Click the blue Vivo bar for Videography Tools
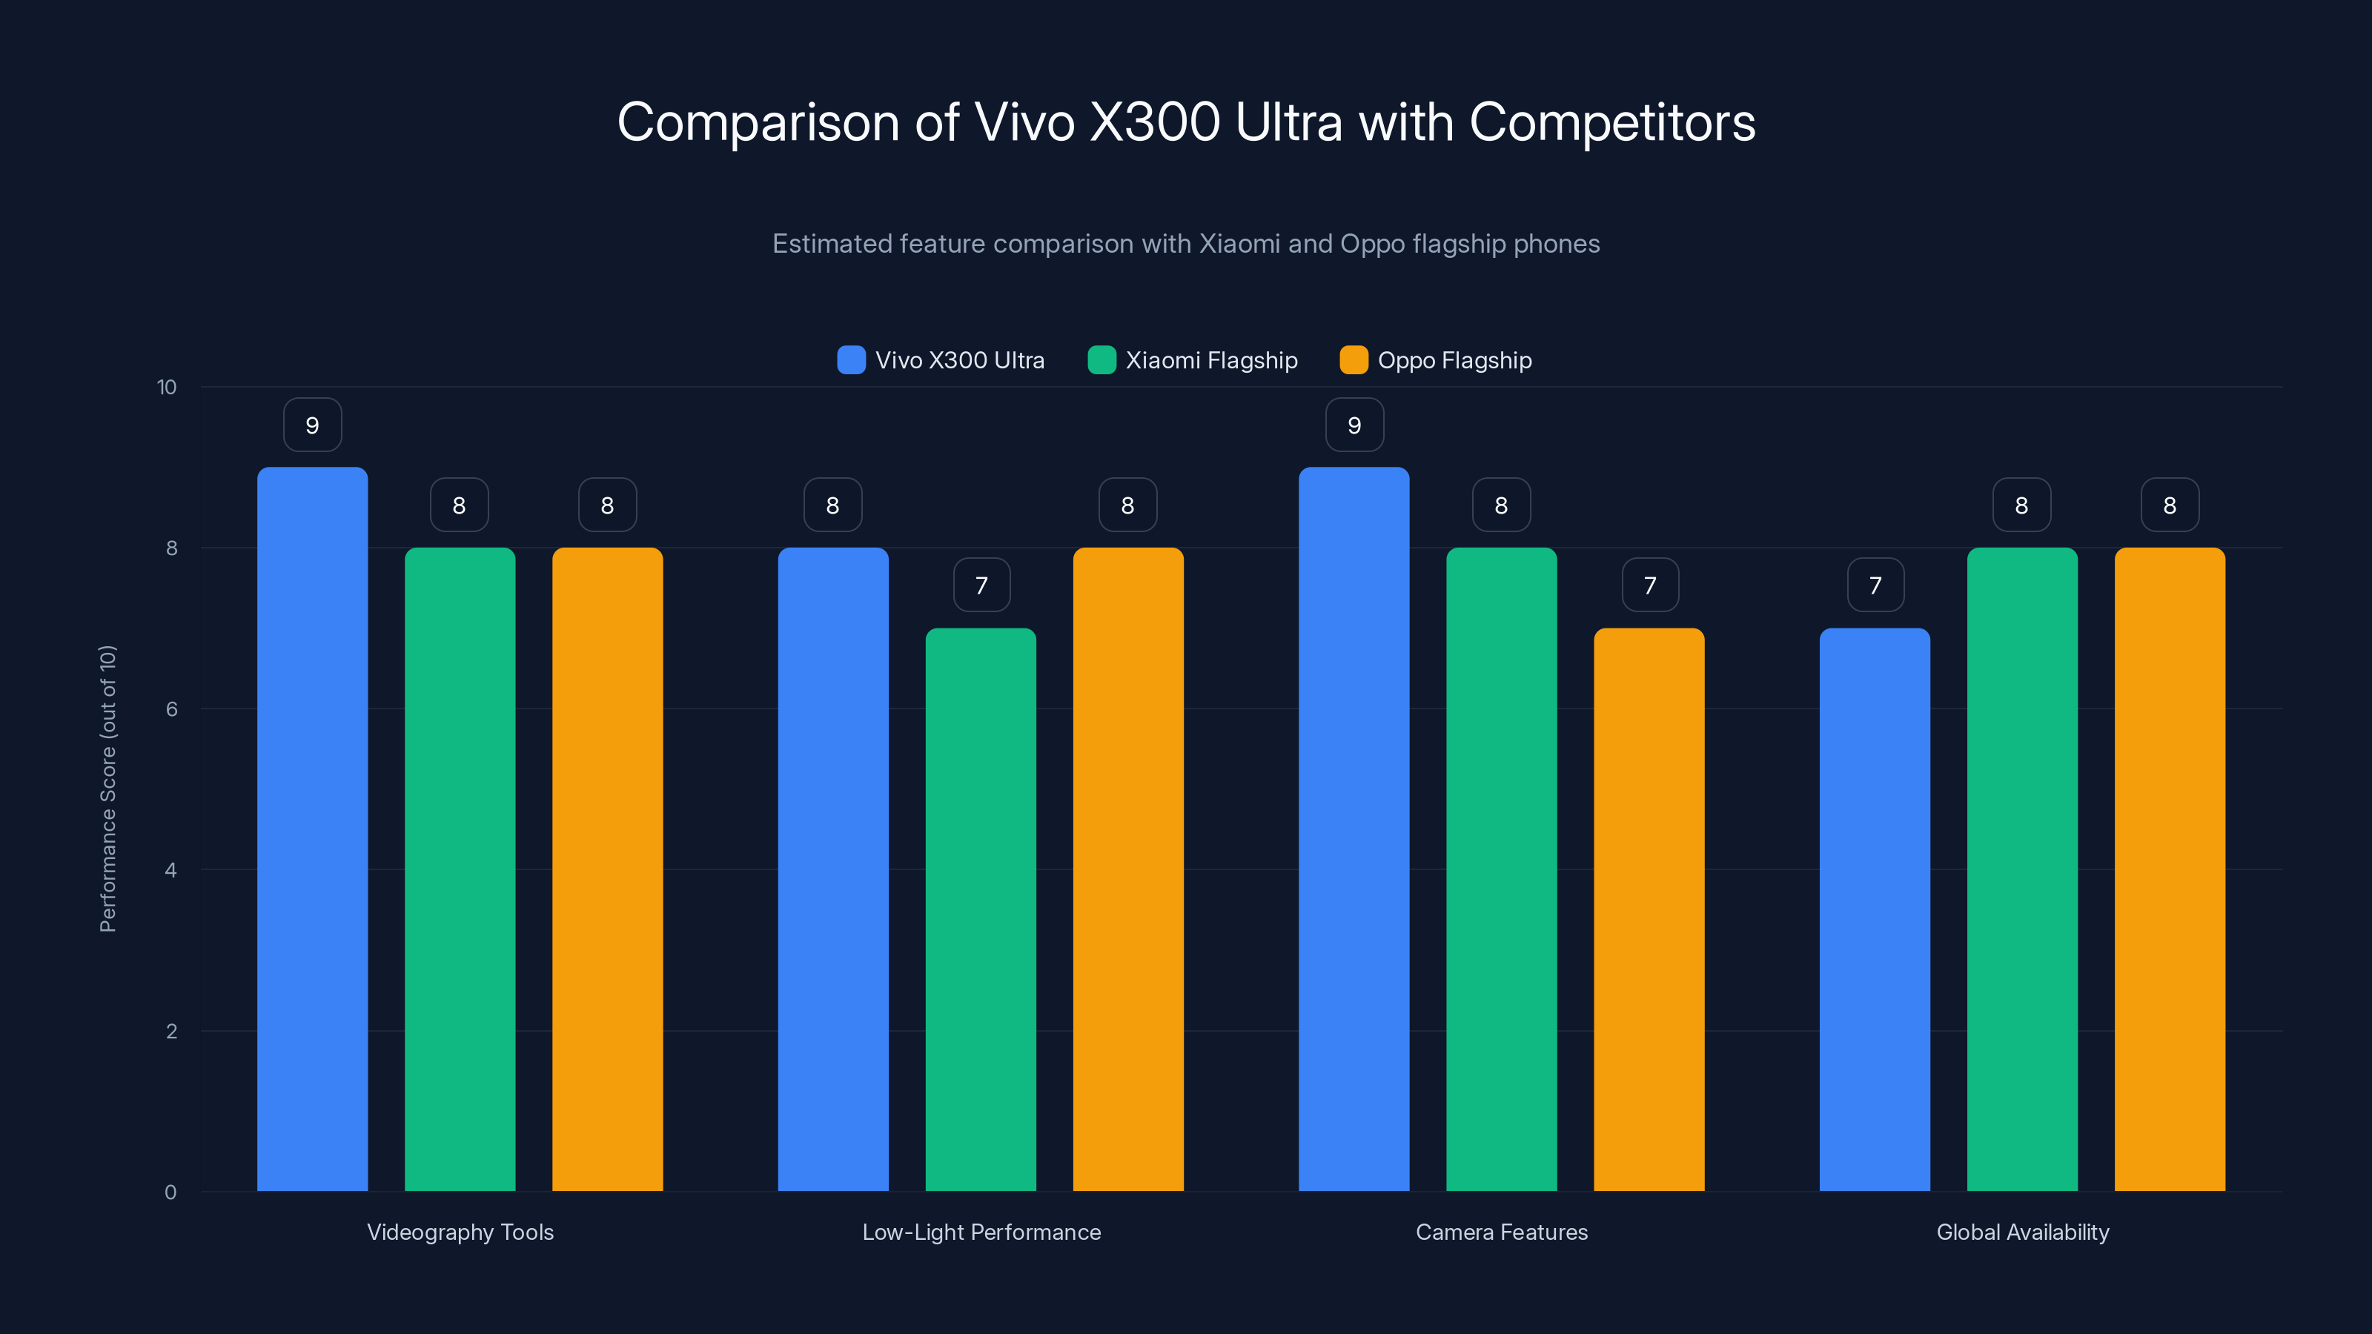(312, 829)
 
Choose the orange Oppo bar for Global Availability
(2170, 869)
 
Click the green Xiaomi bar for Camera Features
(1501, 869)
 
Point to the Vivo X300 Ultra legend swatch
(851, 360)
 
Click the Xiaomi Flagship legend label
(1211, 360)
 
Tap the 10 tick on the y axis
(167, 387)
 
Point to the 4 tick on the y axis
(170, 870)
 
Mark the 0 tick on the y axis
(170, 1192)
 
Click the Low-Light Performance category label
(981, 1232)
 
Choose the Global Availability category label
(2022, 1232)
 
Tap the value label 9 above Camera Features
(1354, 425)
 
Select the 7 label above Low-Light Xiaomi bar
(981, 585)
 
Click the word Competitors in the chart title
(1611, 122)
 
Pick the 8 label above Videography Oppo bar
(607, 505)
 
